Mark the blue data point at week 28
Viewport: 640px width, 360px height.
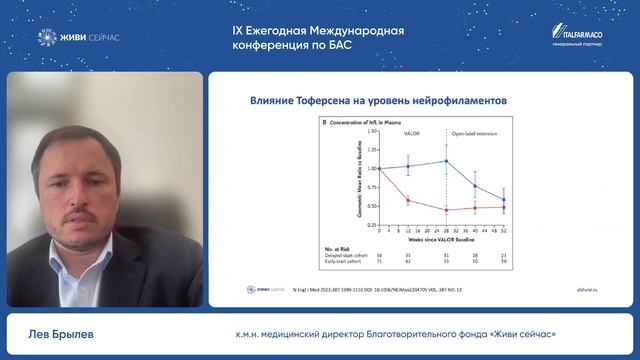point(446,161)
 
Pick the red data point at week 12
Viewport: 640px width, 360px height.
point(407,201)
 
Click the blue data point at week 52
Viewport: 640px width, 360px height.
point(503,200)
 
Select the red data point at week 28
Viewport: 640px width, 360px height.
point(446,210)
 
